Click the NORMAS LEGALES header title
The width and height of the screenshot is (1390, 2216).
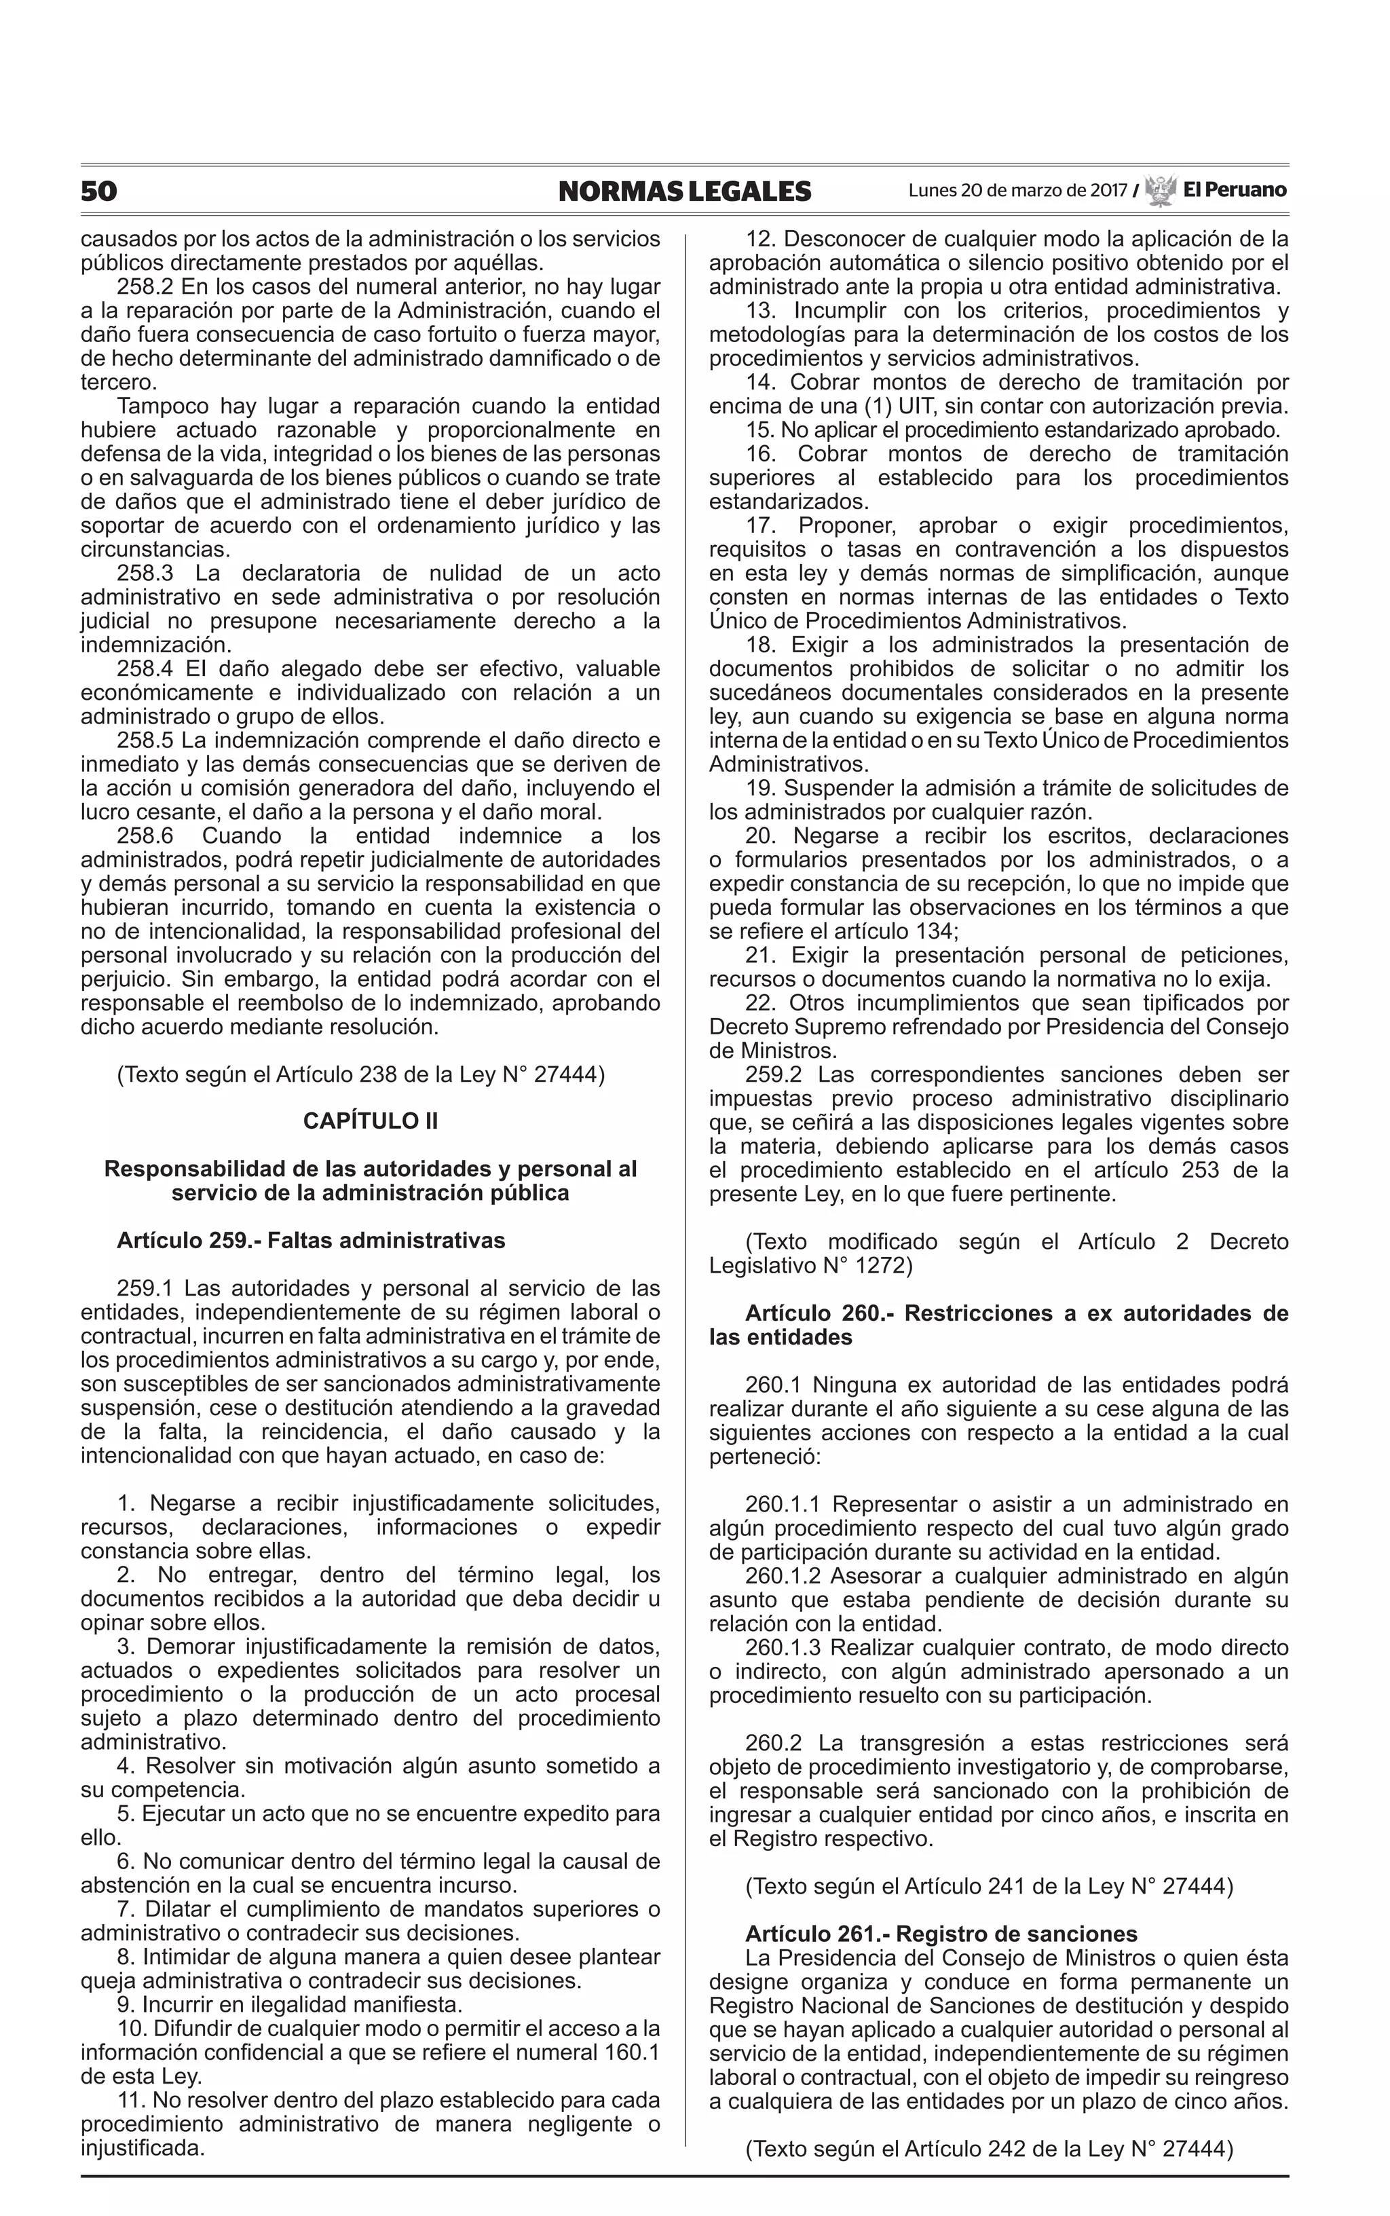click(685, 191)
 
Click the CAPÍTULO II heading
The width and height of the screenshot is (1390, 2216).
click(371, 1121)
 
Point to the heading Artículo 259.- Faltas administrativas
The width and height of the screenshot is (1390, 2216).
click(311, 1241)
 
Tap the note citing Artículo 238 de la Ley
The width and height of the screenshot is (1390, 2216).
click(360, 1074)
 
